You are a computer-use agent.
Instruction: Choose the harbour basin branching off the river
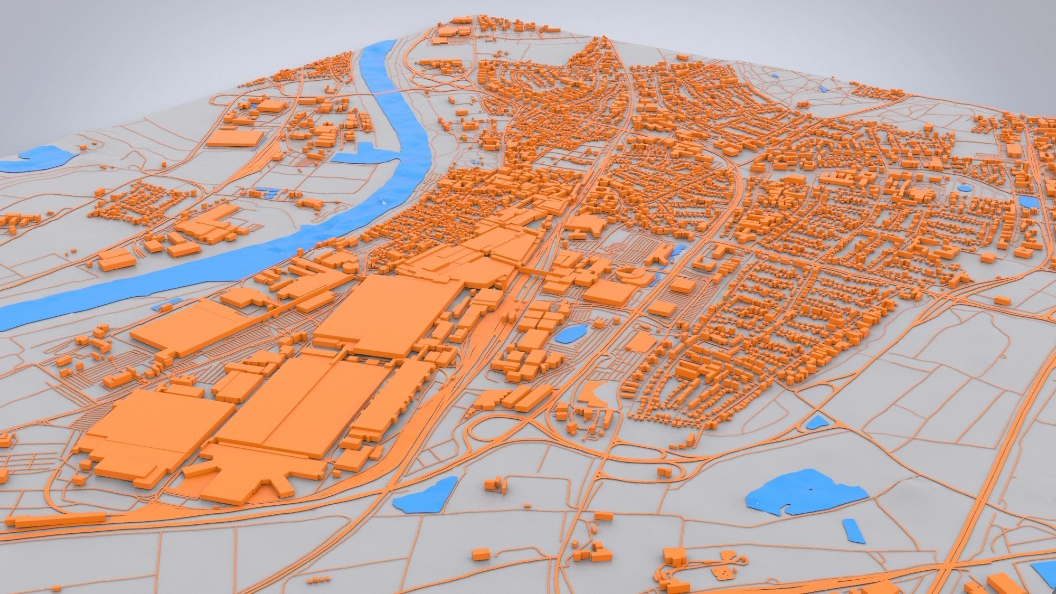click(x=364, y=153)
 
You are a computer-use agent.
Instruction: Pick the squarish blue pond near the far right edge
click(x=1026, y=201)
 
